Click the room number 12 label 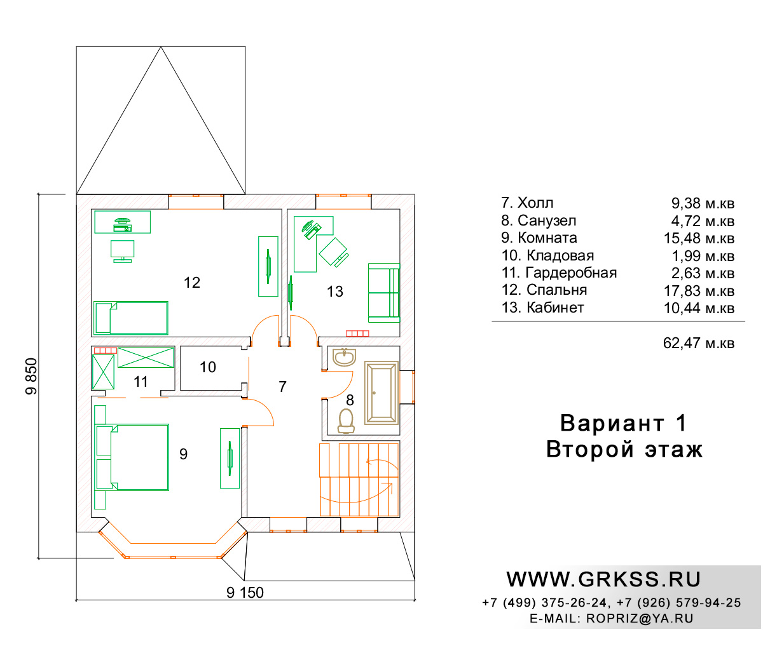pos(191,283)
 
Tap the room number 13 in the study pos(334,292)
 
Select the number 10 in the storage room pos(208,367)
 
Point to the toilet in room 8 pos(346,421)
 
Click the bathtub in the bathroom pos(381,393)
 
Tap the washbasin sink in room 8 pos(344,357)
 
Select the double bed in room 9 pos(132,457)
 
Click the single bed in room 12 pos(130,318)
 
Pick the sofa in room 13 pos(384,292)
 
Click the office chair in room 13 pos(334,252)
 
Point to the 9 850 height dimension pos(31,376)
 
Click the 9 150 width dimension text pos(245,593)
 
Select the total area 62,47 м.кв pos(698,343)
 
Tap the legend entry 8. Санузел pos(539,220)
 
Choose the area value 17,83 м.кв pos(699,291)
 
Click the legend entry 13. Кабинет pos(542,308)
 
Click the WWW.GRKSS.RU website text pos(603,579)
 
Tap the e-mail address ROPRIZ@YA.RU pos(640,619)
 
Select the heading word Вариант pos(612,423)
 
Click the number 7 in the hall pos(282,387)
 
